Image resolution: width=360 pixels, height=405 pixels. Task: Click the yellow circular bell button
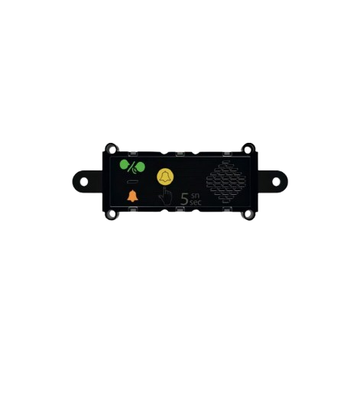click(x=165, y=177)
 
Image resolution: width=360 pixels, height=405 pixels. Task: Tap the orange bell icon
click(x=132, y=196)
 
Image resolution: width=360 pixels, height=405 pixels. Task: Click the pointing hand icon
click(x=165, y=196)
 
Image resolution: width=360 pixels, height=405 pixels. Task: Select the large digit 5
click(x=184, y=199)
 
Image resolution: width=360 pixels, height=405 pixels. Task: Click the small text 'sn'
click(x=195, y=196)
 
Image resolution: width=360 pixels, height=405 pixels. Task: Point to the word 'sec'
click(x=195, y=202)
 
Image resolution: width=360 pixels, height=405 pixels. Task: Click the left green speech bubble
click(x=125, y=164)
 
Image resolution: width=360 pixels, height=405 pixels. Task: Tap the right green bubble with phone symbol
click(x=141, y=167)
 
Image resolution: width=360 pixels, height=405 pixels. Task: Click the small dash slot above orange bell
click(x=132, y=182)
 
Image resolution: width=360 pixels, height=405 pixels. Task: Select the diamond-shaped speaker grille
click(x=226, y=181)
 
